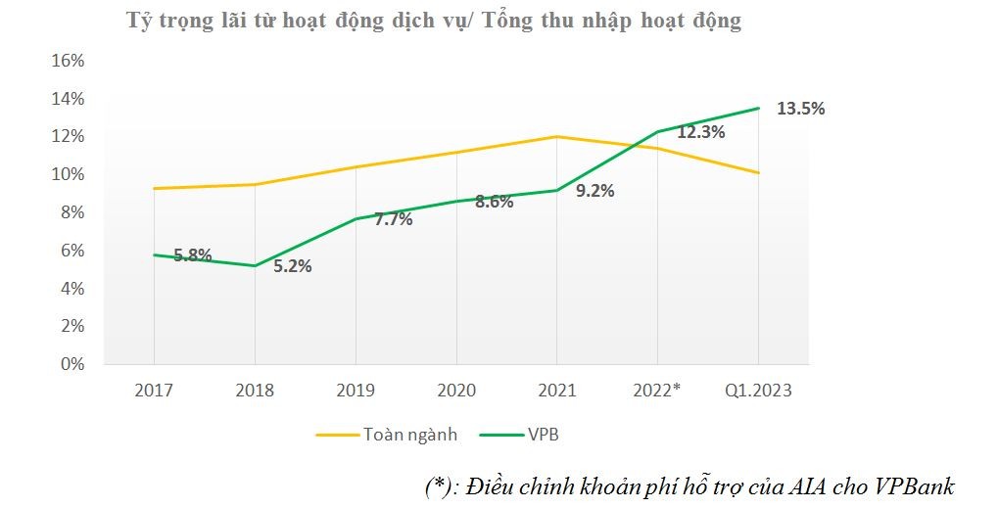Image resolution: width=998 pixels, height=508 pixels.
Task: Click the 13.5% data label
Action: tap(800, 109)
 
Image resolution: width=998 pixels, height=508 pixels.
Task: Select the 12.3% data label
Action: tap(700, 131)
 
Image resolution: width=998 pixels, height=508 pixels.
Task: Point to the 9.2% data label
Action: tap(594, 191)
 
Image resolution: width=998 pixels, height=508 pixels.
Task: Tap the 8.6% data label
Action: tap(494, 203)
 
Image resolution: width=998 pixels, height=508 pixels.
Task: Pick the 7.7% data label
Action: tap(393, 219)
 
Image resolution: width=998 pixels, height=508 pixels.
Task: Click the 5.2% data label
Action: tap(292, 265)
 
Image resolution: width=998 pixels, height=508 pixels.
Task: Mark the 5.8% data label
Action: tap(193, 255)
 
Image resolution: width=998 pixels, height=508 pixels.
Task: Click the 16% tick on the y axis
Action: tap(68, 61)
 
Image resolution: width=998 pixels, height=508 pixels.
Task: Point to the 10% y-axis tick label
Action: tap(68, 174)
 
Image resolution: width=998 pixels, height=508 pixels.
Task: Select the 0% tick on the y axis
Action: tap(72, 364)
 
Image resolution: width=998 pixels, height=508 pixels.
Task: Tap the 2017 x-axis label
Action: tap(154, 391)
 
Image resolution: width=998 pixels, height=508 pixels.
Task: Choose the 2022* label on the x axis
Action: tap(656, 391)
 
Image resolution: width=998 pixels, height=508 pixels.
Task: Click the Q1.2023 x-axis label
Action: tap(758, 391)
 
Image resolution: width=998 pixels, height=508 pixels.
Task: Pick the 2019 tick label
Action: tap(356, 391)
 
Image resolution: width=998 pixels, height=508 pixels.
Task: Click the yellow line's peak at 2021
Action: tap(556, 136)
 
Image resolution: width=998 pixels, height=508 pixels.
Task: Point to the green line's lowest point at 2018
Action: tap(255, 265)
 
